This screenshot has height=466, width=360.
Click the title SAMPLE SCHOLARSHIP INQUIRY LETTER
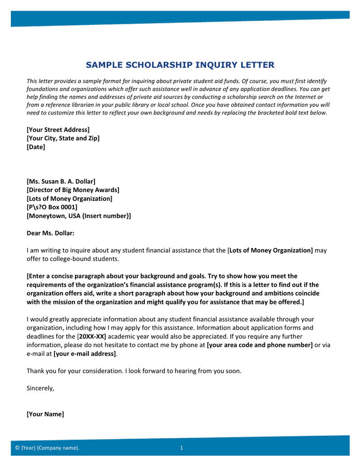click(x=180, y=65)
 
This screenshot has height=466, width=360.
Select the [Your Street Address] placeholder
click(x=58, y=129)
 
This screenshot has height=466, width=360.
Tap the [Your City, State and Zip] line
click(x=63, y=138)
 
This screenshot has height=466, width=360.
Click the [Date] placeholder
click(x=36, y=147)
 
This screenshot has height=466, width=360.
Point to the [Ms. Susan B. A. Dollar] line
click(x=61, y=181)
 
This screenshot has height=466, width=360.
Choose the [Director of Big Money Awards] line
click(x=73, y=190)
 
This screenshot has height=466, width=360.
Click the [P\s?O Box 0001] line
click(x=52, y=207)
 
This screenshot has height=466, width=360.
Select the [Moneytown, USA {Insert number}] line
click(x=79, y=216)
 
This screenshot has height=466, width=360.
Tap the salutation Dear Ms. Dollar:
click(x=50, y=233)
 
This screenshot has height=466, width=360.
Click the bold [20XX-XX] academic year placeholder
click(x=92, y=336)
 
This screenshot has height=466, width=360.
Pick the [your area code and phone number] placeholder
click(x=260, y=345)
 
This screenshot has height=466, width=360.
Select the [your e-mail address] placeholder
click(x=85, y=354)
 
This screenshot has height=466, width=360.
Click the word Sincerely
click(x=40, y=388)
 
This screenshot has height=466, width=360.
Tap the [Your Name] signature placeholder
click(x=46, y=414)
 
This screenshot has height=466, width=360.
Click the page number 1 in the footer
click(x=182, y=448)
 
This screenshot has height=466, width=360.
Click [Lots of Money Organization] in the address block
click(x=69, y=199)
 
